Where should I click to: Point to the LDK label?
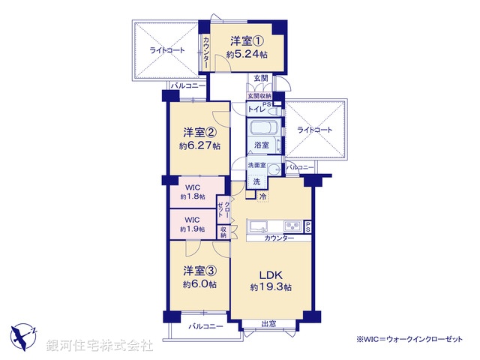271,273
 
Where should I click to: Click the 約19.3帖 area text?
271,286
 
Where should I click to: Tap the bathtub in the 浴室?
263,129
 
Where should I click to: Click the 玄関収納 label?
259,95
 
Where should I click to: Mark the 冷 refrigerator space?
262,196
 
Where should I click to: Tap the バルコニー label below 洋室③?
205,326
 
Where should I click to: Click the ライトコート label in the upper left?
166,50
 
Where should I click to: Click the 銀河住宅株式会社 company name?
99,346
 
